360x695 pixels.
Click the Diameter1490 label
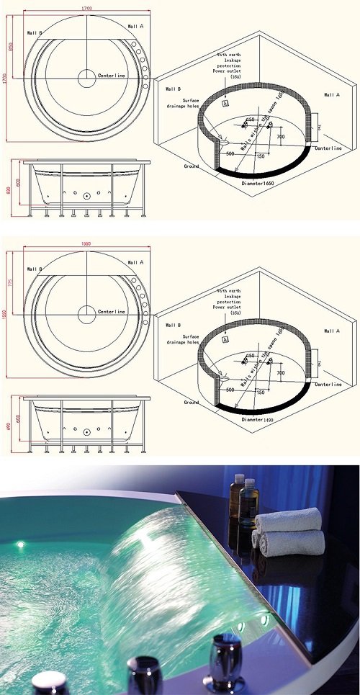point(258,418)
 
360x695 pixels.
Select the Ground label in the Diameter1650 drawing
point(192,166)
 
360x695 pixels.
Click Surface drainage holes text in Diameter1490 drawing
point(190,339)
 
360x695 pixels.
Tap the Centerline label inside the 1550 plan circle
point(112,312)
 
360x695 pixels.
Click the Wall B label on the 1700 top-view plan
point(35,33)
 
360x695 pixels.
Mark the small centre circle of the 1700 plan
point(86,75)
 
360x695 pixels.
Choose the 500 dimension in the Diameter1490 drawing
point(230,389)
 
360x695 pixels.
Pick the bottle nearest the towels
point(249,498)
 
